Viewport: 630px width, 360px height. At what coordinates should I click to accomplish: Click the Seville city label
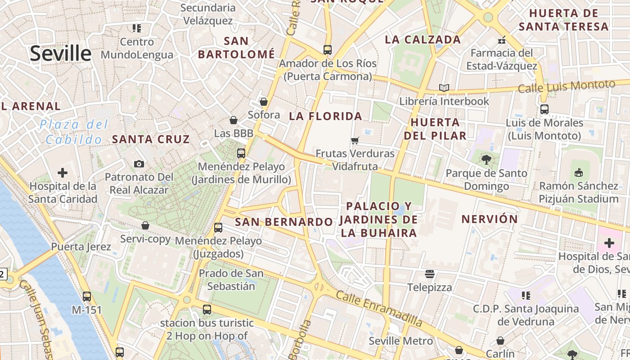point(61,54)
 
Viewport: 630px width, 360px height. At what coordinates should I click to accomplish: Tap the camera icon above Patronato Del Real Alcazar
point(139,164)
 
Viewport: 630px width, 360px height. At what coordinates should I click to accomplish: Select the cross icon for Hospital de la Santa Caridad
point(63,173)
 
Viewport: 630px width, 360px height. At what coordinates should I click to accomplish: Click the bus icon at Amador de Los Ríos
point(328,49)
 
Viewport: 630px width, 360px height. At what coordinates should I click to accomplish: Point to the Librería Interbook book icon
point(444,88)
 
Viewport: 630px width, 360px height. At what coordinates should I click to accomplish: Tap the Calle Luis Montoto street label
point(566,86)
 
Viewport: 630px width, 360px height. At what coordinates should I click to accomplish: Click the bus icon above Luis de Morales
point(544,109)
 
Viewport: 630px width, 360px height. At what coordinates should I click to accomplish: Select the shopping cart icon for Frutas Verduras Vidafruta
point(355,140)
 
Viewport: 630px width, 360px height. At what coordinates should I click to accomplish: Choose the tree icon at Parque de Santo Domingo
point(486,159)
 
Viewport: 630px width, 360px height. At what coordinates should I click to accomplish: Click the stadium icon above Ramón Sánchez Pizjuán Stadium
point(579,172)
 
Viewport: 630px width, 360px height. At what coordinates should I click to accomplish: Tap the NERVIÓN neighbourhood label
point(490,219)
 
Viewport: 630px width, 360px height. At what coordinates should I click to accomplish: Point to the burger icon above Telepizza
point(430,274)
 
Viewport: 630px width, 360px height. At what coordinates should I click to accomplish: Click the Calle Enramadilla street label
point(379,309)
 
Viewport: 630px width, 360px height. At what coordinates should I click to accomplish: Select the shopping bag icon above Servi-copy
point(145,225)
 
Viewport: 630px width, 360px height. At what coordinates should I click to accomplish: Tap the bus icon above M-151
point(87,297)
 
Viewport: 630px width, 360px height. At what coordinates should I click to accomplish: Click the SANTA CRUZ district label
point(151,139)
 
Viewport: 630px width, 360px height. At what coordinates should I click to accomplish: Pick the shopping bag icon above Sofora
point(264,102)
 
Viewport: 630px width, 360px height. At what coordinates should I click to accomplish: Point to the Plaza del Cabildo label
point(74,132)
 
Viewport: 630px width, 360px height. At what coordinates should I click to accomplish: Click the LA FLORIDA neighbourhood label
point(325,116)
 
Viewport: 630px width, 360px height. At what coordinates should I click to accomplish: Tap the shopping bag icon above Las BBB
point(234,120)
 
